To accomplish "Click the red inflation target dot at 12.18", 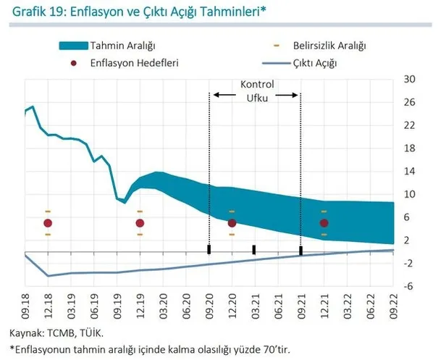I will (48, 223).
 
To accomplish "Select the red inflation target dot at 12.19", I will (140, 223).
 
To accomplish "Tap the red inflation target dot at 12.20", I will (232, 223).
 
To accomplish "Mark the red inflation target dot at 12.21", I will (324, 223).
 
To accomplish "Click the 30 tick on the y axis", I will (409, 79).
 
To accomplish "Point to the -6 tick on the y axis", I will (409, 286).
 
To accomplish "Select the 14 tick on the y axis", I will (409, 171).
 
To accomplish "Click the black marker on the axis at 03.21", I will (254, 250).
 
